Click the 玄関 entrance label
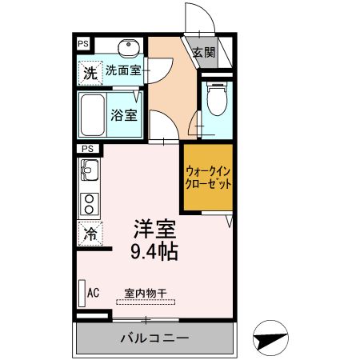tap(204, 53)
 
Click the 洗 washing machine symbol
tap(90, 72)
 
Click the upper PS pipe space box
tap(83, 43)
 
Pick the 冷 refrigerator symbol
tap(90, 234)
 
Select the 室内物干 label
tap(145, 293)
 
